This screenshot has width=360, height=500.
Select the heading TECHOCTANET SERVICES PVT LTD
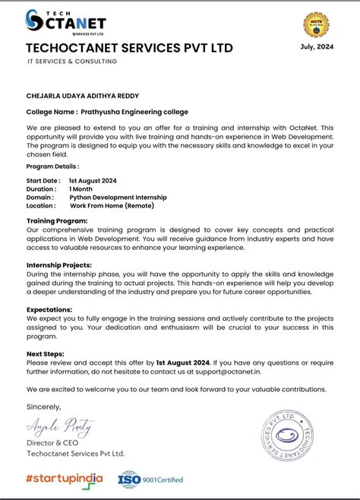click(129, 49)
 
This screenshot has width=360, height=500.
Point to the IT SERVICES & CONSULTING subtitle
click(71, 62)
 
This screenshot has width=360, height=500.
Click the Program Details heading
click(52, 166)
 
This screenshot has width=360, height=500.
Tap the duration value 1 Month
click(81, 188)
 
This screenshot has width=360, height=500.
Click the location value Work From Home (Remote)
click(114, 205)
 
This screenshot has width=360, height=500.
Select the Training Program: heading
click(57, 220)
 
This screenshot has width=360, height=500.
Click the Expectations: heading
click(49, 309)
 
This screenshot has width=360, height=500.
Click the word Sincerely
click(43, 407)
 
